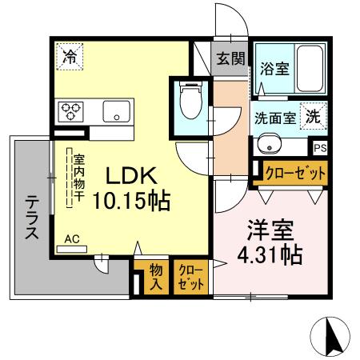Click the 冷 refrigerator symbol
[70, 57]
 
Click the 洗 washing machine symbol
[313, 114]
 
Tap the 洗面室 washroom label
[274, 117]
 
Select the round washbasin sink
[270, 145]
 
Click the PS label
[320, 147]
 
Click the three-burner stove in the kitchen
[70, 110]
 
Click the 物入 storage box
[156, 275]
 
